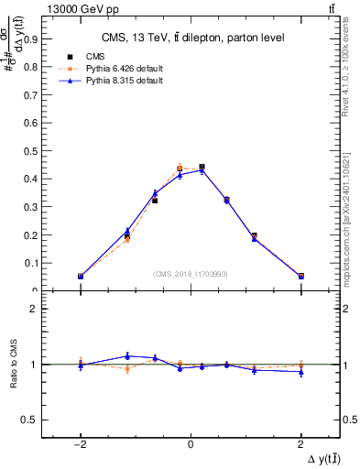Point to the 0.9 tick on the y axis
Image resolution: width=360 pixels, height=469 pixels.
[32, 39]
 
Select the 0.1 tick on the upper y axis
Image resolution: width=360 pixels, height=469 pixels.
[32, 263]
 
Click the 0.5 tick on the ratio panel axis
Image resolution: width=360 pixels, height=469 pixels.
[33, 420]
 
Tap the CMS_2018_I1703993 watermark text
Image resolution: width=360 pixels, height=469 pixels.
[190, 273]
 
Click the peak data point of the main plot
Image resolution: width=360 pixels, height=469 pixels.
[202, 168]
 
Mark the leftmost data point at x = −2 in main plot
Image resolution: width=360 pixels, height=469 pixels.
[81, 276]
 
